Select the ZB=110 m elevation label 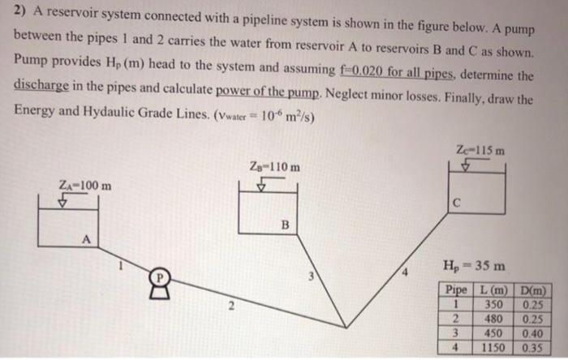tap(274, 168)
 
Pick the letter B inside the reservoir tap(283, 224)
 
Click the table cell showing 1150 tap(493, 349)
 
